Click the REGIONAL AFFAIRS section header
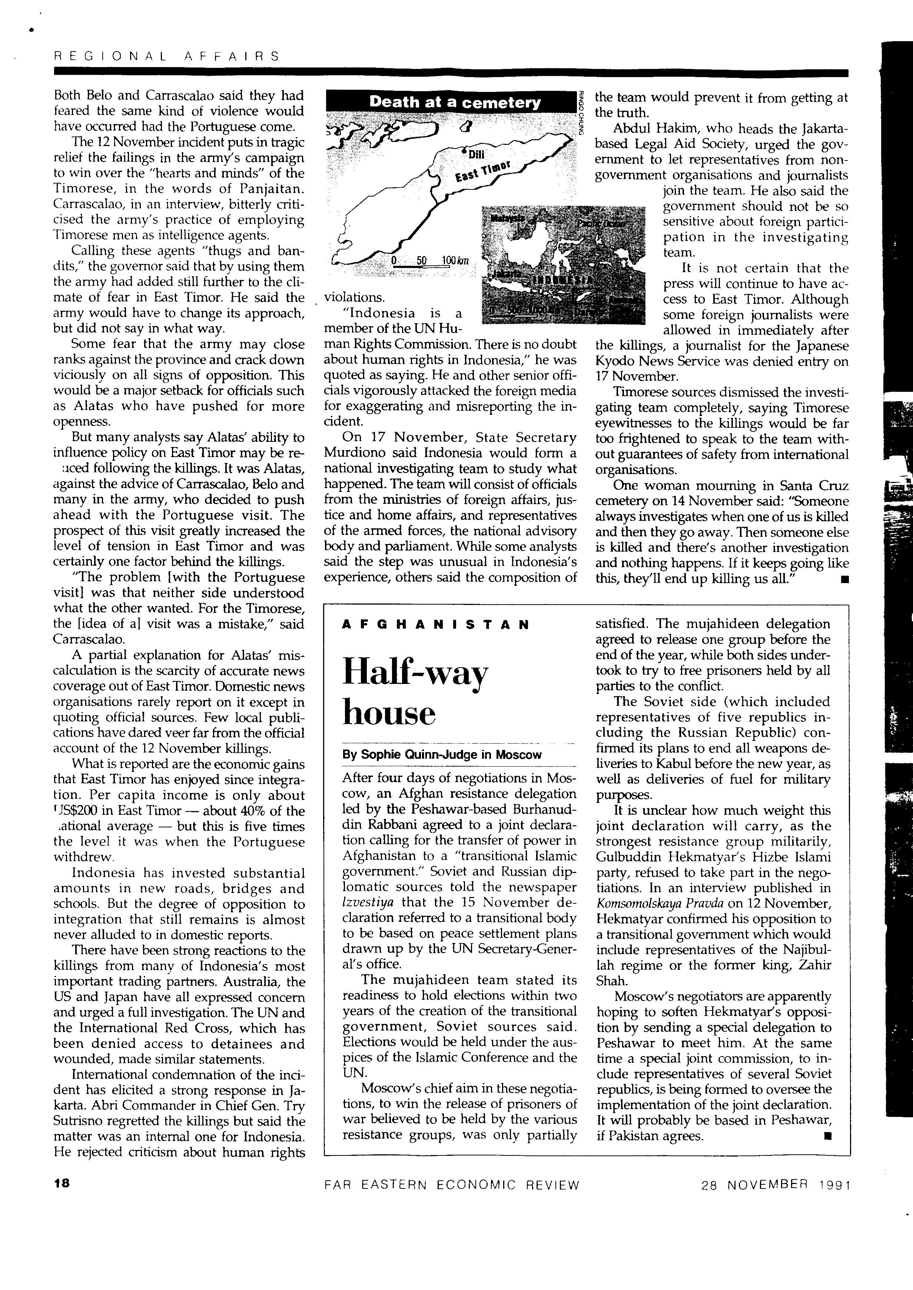tap(166, 56)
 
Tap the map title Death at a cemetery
tap(455, 102)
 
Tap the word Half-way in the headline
tap(415, 672)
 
